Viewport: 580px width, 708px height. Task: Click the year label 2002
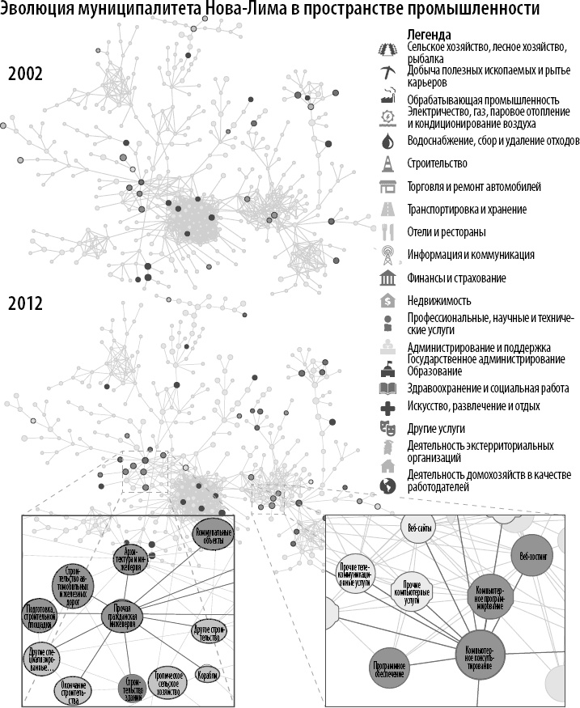click(x=25, y=74)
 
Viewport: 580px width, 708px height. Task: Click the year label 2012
click(x=25, y=305)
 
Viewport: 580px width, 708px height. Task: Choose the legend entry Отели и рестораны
click(x=447, y=232)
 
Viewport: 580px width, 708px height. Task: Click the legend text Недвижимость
click(x=439, y=301)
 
